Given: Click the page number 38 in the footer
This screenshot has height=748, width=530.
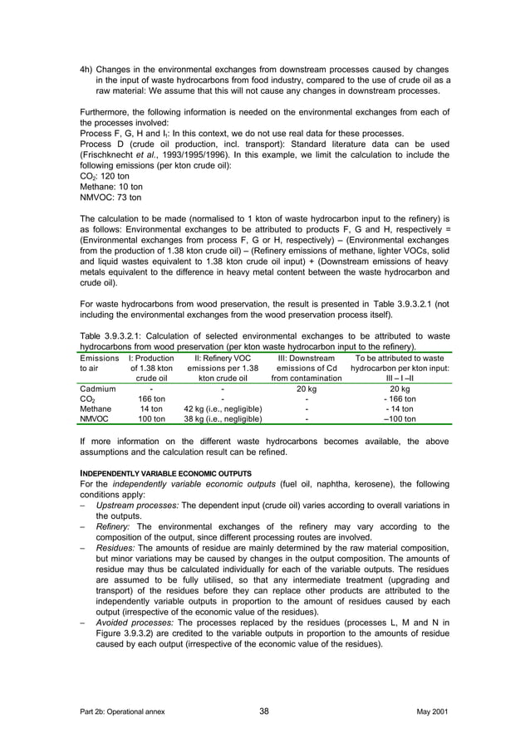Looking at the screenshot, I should click(264, 711).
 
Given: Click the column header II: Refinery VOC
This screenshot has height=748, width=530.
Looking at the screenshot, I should click(223, 357).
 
